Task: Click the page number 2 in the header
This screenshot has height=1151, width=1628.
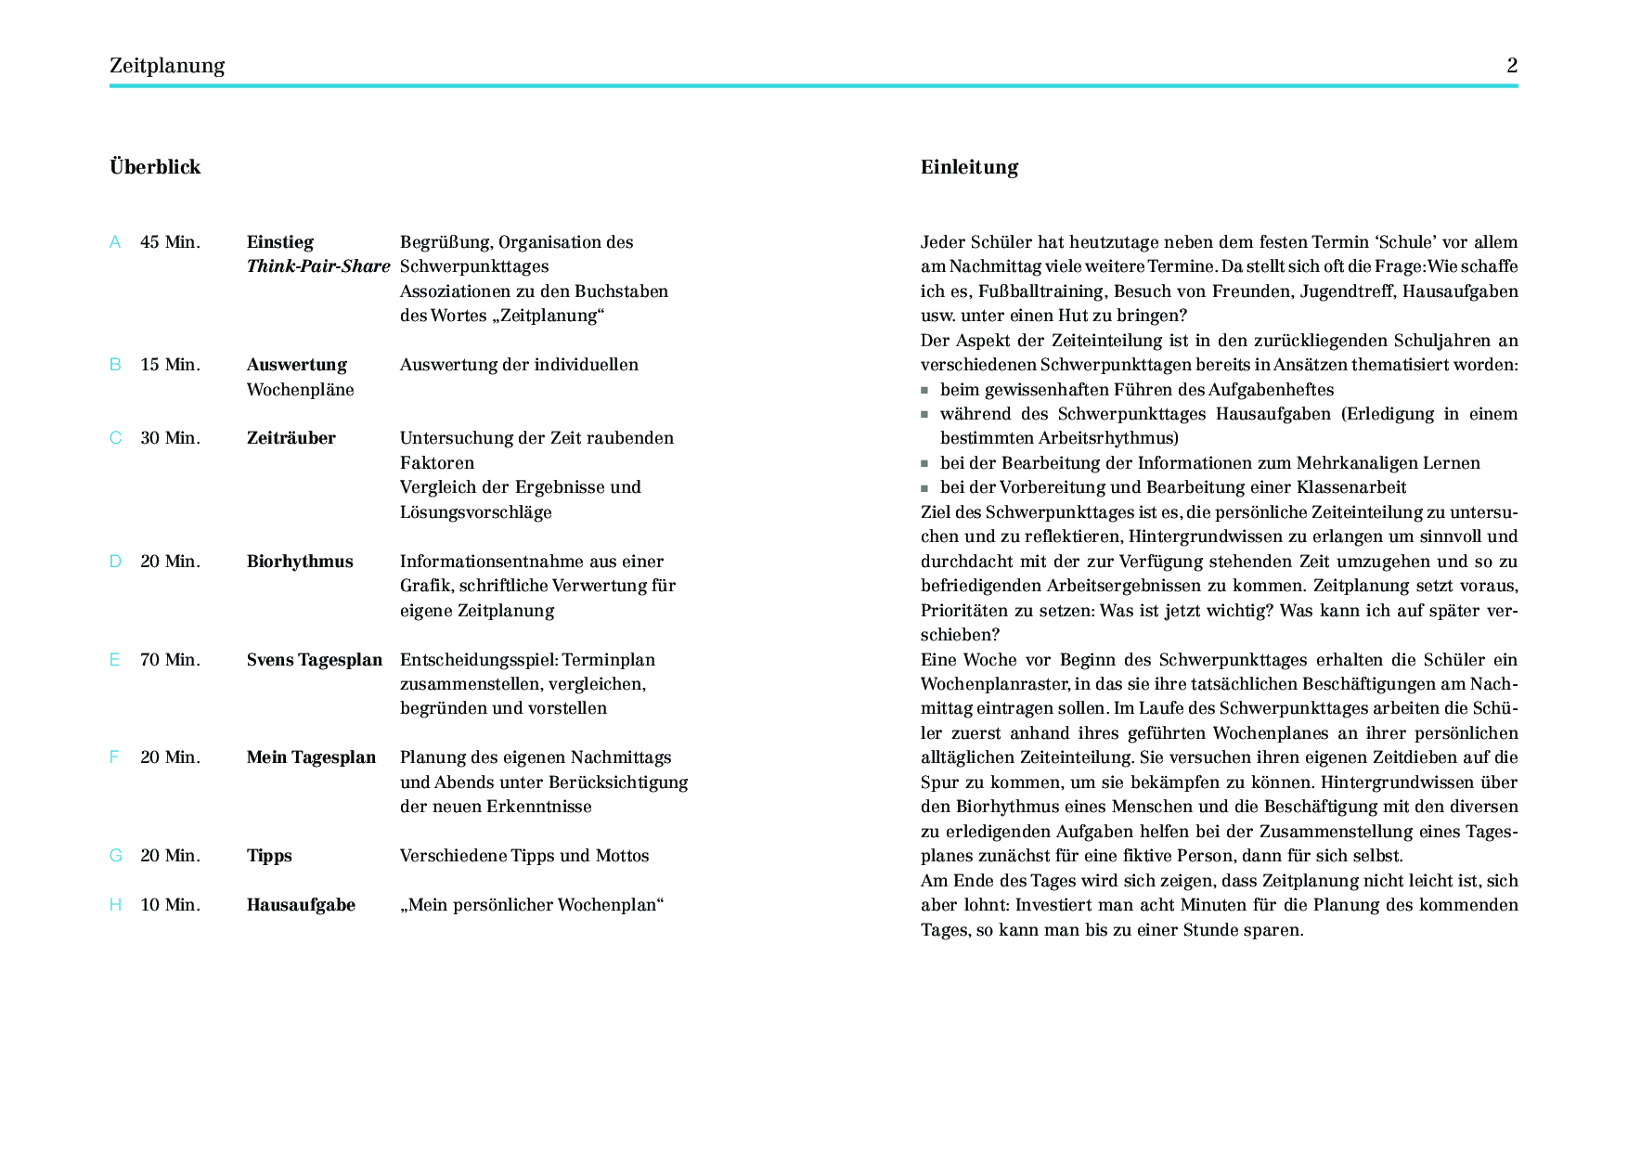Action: (x=1511, y=65)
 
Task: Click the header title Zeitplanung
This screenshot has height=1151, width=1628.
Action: (x=167, y=66)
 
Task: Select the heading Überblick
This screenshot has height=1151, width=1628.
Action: (x=155, y=167)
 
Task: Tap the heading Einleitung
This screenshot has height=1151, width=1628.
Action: (x=969, y=167)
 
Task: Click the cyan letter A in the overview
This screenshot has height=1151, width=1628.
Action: (x=115, y=242)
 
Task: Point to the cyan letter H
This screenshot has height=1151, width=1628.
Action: (x=115, y=905)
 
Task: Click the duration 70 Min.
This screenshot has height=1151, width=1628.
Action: (x=170, y=660)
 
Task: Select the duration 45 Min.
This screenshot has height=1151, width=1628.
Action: (x=170, y=242)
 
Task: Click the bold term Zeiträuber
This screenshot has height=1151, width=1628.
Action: (x=291, y=438)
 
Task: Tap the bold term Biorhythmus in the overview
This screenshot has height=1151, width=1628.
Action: (x=300, y=562)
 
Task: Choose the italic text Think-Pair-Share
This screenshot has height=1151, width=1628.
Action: (x=318, y=266)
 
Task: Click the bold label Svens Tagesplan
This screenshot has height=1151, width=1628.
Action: (x=315, y=660)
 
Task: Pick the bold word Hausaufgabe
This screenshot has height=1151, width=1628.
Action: (x=301, y=905)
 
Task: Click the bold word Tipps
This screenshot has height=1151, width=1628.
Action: (x=269, y=856)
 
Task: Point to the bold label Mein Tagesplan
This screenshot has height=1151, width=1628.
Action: (x=311, y=757)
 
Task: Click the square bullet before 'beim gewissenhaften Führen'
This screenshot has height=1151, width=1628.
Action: (x=924, y=391)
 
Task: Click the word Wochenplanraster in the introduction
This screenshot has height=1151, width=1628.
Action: (x=991, y=684)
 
